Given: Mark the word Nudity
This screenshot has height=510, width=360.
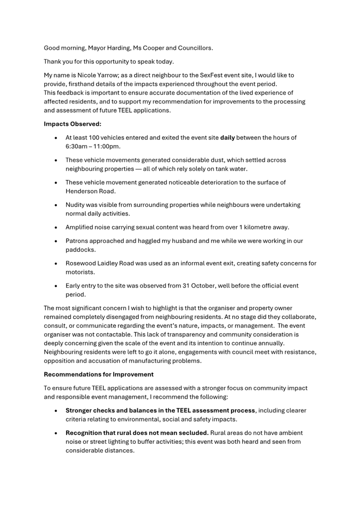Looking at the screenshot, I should tap(76, 205).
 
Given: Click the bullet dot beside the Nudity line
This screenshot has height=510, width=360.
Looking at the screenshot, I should tap(56, 205).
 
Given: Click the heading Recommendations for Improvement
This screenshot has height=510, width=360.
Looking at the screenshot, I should tap(99, 375).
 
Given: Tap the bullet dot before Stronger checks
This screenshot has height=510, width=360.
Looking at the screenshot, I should tap(56, 410).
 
